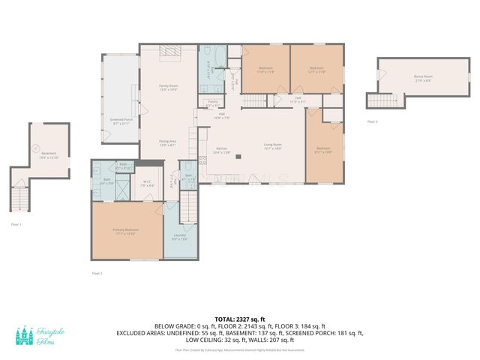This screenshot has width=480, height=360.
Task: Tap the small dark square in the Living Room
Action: coord(237,157)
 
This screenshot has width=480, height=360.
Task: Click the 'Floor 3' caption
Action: coord(373,121)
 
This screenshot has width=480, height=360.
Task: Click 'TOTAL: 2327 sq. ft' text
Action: coord(239,319)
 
